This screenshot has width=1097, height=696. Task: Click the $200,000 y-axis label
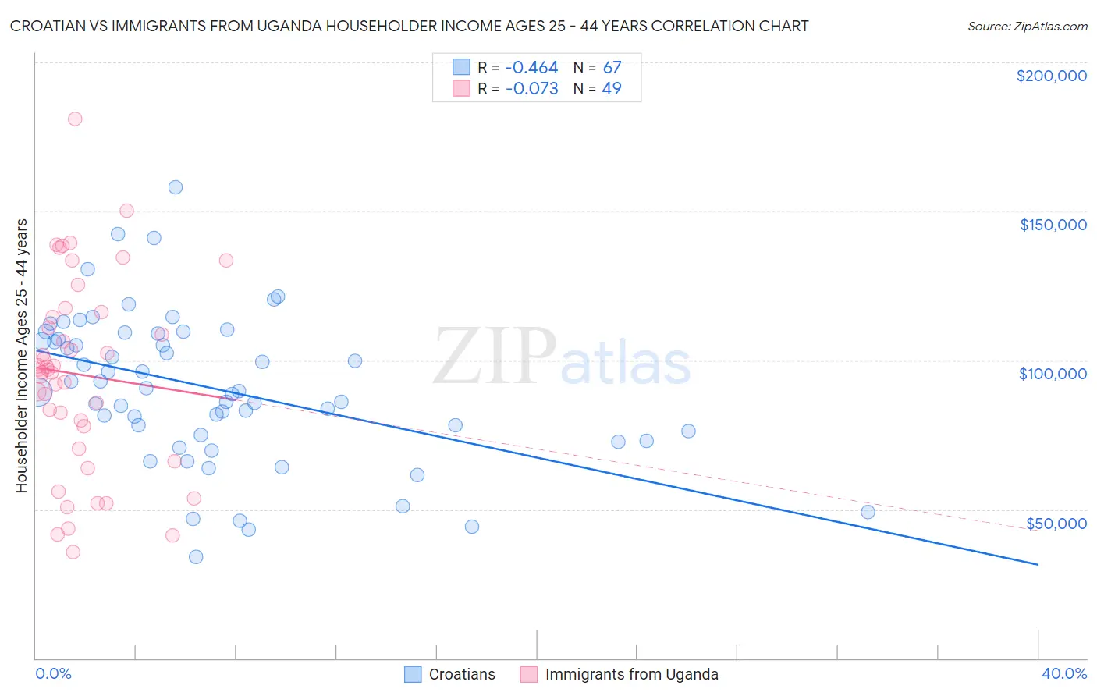tap(1051, 76)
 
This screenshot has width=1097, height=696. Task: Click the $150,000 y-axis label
tap(1053, 225)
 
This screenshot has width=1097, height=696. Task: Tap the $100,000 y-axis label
tap(1053, 374)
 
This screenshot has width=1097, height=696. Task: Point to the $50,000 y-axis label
tap(1056, 523)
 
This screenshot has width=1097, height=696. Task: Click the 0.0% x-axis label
tap(53, 673)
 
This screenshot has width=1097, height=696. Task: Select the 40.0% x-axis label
tap(1064, 673)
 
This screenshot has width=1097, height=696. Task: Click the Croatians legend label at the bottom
tap(462, 674)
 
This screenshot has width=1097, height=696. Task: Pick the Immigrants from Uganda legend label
tap(631, 674)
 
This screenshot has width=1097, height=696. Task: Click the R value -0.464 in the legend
tap(531, 68)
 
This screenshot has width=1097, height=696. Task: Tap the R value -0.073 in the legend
tap(531, 89)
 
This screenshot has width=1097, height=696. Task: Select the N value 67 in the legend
tap(612, 68)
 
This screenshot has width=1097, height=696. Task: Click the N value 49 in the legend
tap(612, 89)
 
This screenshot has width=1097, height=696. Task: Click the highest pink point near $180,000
tap(75, 119)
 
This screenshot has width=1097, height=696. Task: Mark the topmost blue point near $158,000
tap(176, 187)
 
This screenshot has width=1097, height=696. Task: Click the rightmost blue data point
tap(868, 512)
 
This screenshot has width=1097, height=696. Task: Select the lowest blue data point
tap(196, 556)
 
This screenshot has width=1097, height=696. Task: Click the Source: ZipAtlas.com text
tap(1027, 27)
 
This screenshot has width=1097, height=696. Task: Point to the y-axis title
tap(21, 356)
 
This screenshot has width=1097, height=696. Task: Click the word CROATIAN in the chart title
tap(49, 26)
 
